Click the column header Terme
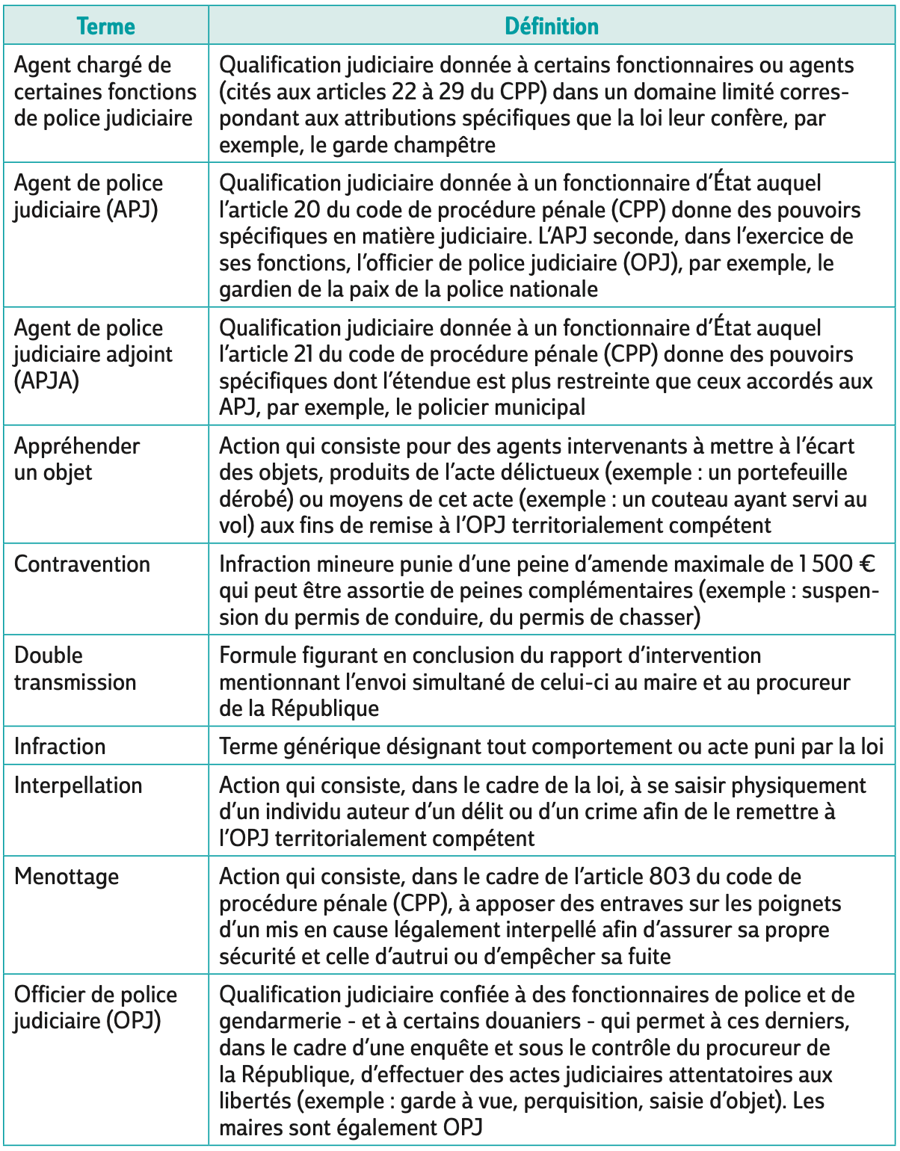click(x=105, y=27)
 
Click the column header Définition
click(x=552, y=27)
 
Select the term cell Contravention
click(x=82, y=564)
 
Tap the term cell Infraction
click(x=60, y=747)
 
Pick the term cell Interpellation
click(x=78, y=786)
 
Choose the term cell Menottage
click(x=67, y=877)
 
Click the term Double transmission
click(x=75, y=669)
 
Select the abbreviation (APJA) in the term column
click(x=46, y=381)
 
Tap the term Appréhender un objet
click(x=76, y=459)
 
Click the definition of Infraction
click(x=551, y=747)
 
